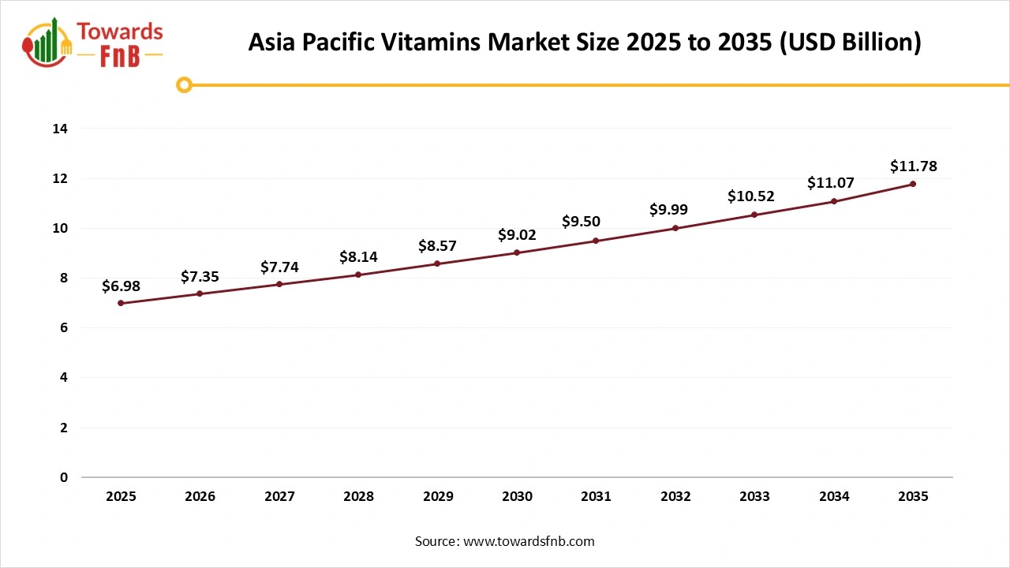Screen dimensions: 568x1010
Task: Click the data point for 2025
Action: coord(121,303)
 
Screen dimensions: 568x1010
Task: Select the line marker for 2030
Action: coord(517,252)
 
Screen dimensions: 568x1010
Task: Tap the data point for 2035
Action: coord(913,184)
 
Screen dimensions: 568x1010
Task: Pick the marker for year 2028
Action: coord(358,275)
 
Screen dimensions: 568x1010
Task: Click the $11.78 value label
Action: coord(913,166)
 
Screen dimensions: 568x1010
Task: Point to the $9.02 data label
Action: coord(517,234)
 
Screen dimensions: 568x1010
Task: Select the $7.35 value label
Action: coord(200,276)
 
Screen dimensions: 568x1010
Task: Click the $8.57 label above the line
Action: coord(437,245)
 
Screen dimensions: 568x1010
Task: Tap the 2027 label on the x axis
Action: coord(279,497)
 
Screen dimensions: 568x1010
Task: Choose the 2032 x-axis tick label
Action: coord(675,497)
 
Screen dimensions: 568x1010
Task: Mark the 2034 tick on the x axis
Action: coord(834,497)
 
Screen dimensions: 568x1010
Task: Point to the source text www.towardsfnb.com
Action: coord(528,541)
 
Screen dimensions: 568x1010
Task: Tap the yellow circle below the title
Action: coord(184,84)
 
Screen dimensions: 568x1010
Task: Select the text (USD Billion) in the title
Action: coord(850,43)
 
